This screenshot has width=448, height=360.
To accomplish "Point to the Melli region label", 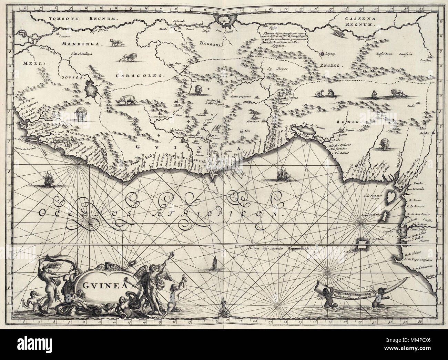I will coord(32,63).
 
